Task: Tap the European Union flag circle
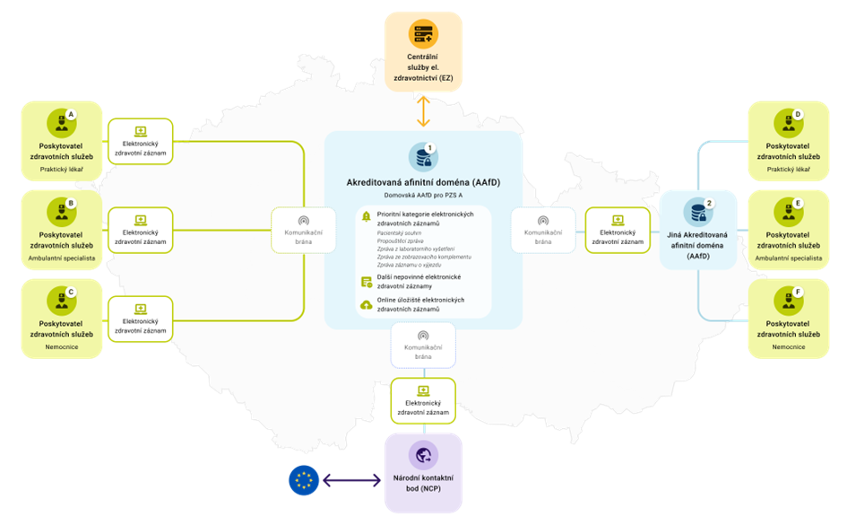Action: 304,480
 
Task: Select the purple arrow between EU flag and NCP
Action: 351,481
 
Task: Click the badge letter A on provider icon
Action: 71,114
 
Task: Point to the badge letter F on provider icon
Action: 798,292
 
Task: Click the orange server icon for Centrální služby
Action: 423,35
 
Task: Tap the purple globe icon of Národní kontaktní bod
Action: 423,455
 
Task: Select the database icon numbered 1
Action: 422,158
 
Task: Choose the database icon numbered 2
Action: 698,212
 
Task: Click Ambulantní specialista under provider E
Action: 790,258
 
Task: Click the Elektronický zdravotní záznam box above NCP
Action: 423,400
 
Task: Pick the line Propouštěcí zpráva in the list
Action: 400,241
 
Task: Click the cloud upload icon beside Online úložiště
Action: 366,304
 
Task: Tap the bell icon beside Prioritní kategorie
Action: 366,215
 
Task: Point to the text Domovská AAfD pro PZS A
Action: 423,195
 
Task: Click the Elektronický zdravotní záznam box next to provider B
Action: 141,230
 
